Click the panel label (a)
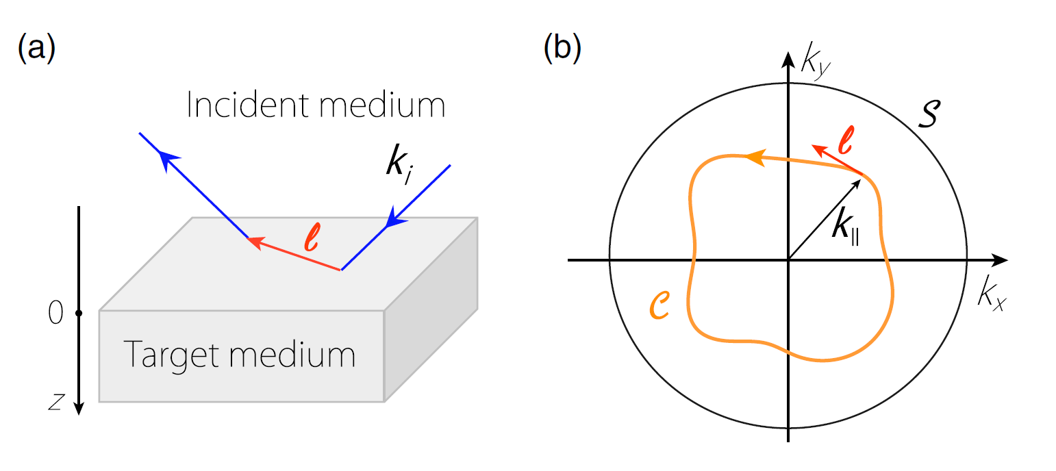coord(36,49)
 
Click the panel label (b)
coord(562,49)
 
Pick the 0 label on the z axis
coord(55,314)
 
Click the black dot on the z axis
coord(79,314)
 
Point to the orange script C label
coord(662,305)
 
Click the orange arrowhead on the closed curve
coord(753,158)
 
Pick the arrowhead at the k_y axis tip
coord(789,58)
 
